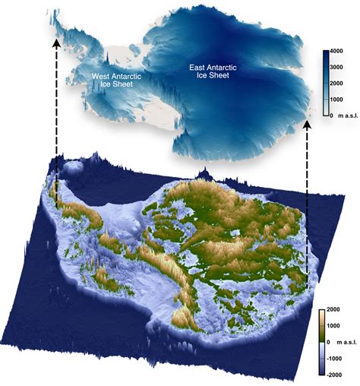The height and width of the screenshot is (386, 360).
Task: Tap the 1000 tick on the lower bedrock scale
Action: (338, 327)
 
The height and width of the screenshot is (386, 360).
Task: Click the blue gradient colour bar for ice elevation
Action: (324, 83)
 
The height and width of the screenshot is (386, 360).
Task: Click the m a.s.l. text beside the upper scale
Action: (346, 112)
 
